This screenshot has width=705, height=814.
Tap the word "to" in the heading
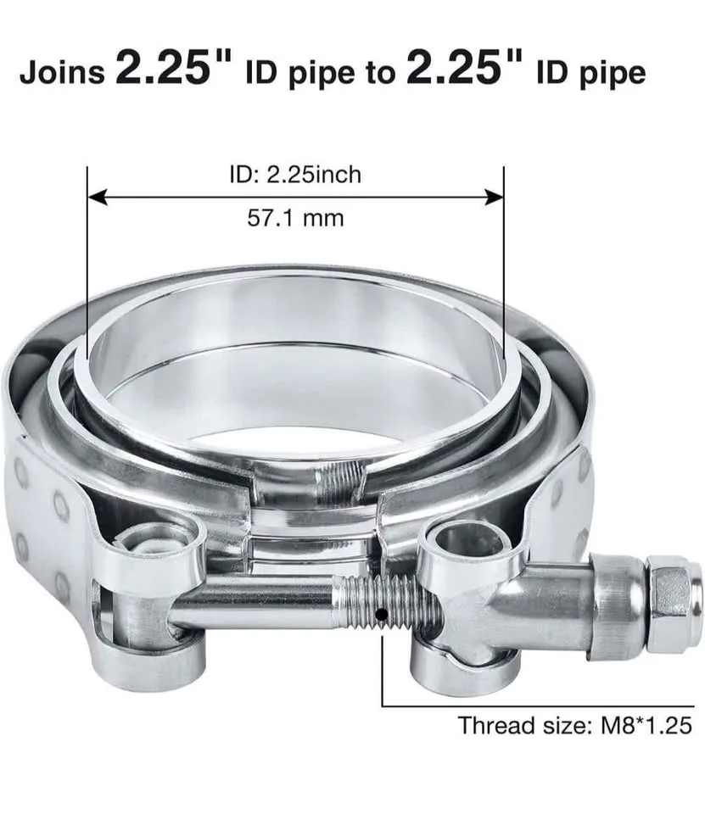click(380, 73)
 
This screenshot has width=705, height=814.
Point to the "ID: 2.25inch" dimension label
click(295, 175)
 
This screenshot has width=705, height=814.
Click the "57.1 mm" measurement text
click(295, 218)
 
